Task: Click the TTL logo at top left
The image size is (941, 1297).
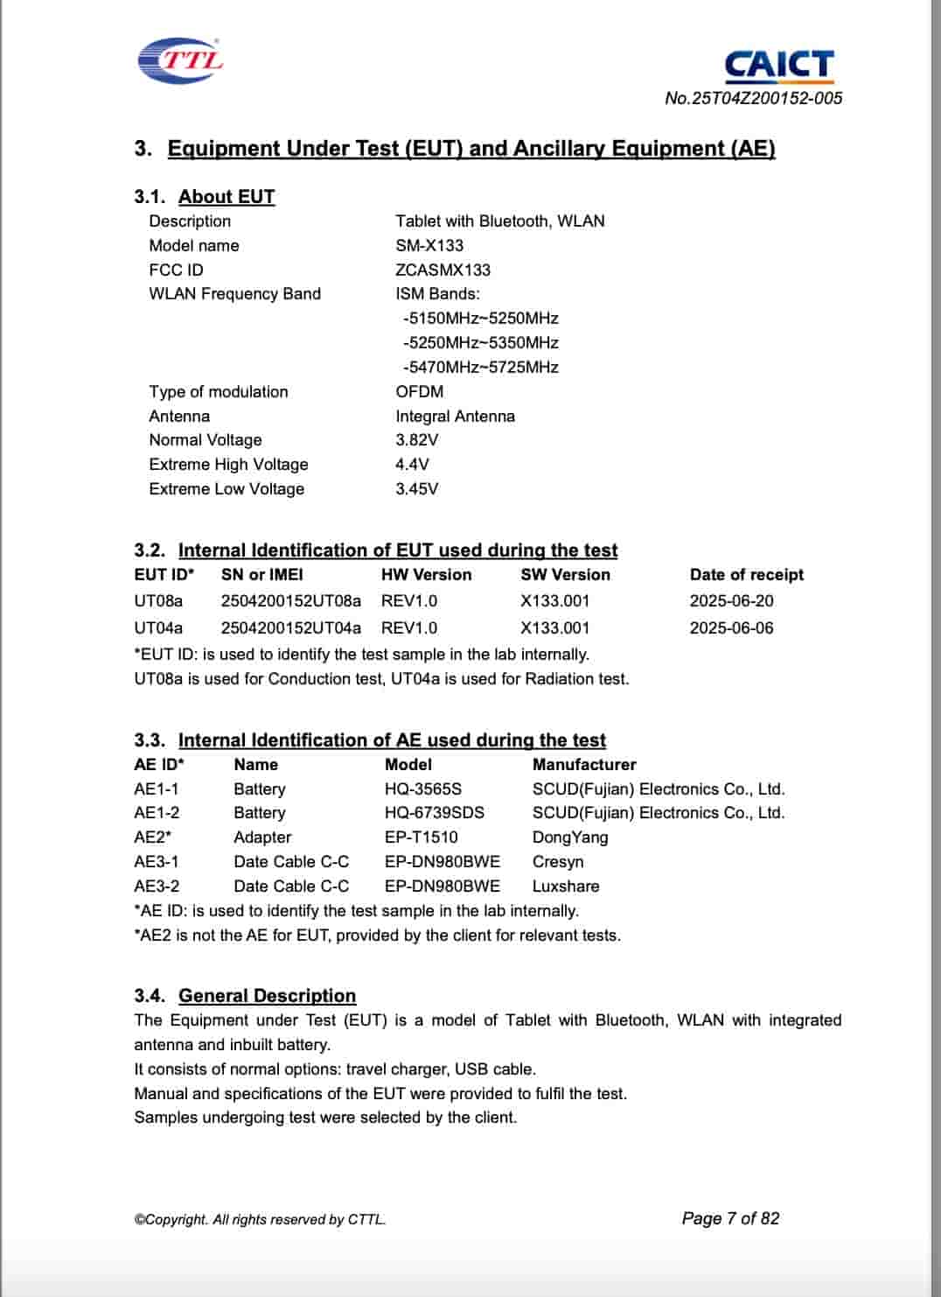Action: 180,60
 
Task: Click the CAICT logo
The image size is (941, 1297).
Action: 778,65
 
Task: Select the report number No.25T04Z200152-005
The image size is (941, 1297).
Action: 753,98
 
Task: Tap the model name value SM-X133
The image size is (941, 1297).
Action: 429,246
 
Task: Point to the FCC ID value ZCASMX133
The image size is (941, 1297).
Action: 443,270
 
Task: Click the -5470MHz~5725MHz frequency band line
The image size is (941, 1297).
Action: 480,368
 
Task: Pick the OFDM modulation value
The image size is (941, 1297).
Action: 419,392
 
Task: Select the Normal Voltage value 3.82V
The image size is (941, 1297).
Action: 416,440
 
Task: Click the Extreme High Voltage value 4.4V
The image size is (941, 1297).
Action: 412,465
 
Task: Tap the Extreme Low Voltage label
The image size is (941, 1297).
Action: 227,489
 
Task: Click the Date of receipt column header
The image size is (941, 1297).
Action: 746,575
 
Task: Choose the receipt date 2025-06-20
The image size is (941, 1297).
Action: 731,601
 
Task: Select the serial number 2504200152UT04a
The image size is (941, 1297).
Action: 290,628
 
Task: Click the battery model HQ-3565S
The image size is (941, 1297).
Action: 423,789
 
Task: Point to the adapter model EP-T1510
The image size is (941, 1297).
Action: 421,838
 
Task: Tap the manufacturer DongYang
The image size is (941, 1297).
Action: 570,838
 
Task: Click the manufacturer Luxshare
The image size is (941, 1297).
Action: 566,887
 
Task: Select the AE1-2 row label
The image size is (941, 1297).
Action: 157,813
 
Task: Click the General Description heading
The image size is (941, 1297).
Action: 267,996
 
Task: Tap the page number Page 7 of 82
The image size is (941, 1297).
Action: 730,1219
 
